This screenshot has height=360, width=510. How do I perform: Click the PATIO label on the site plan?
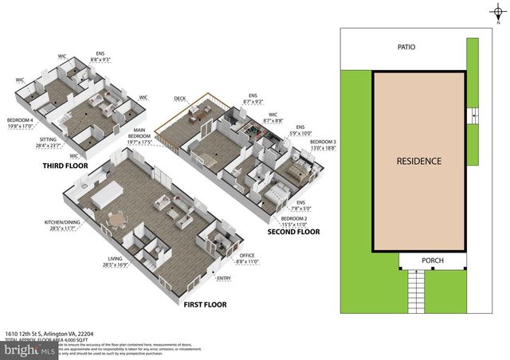[406, 47]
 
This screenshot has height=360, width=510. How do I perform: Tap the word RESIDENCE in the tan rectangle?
[419, 161]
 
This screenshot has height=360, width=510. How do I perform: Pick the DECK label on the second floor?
[180, 100]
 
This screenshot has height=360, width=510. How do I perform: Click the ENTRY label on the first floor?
[224, 278]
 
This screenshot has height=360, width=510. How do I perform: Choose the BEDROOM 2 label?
[294, 218]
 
